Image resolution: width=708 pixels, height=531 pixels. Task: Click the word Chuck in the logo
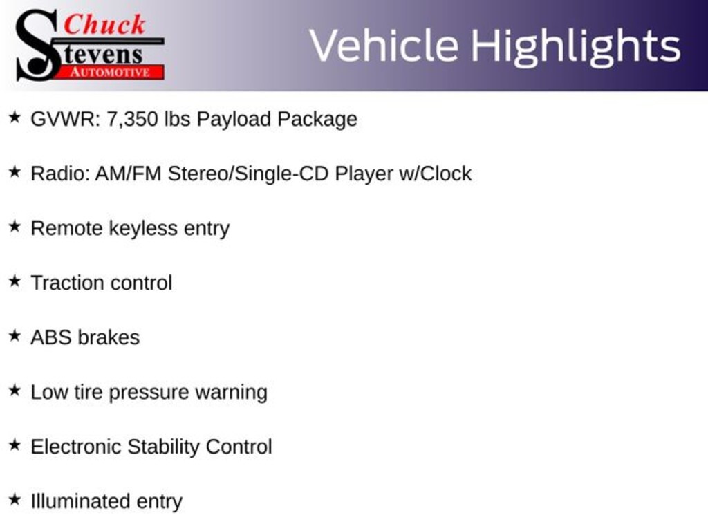(104, 24)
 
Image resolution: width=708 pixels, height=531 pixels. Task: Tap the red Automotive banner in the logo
(110, 73)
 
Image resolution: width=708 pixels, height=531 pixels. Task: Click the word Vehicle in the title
(384, 46)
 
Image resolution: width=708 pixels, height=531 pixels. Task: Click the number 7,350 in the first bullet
(132, 120)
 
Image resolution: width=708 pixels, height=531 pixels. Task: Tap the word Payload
(234, 120)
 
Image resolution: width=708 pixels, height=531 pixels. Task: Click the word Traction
(67, 283)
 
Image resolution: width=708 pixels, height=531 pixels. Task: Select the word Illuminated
(80, 501)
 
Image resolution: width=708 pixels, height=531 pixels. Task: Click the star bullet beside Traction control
(15, 281)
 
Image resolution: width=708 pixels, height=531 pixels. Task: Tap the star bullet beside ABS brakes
(15, 335)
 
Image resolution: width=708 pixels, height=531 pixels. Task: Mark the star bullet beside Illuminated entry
(15, 499)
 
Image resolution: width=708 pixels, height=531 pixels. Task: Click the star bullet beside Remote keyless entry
(15, 226)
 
